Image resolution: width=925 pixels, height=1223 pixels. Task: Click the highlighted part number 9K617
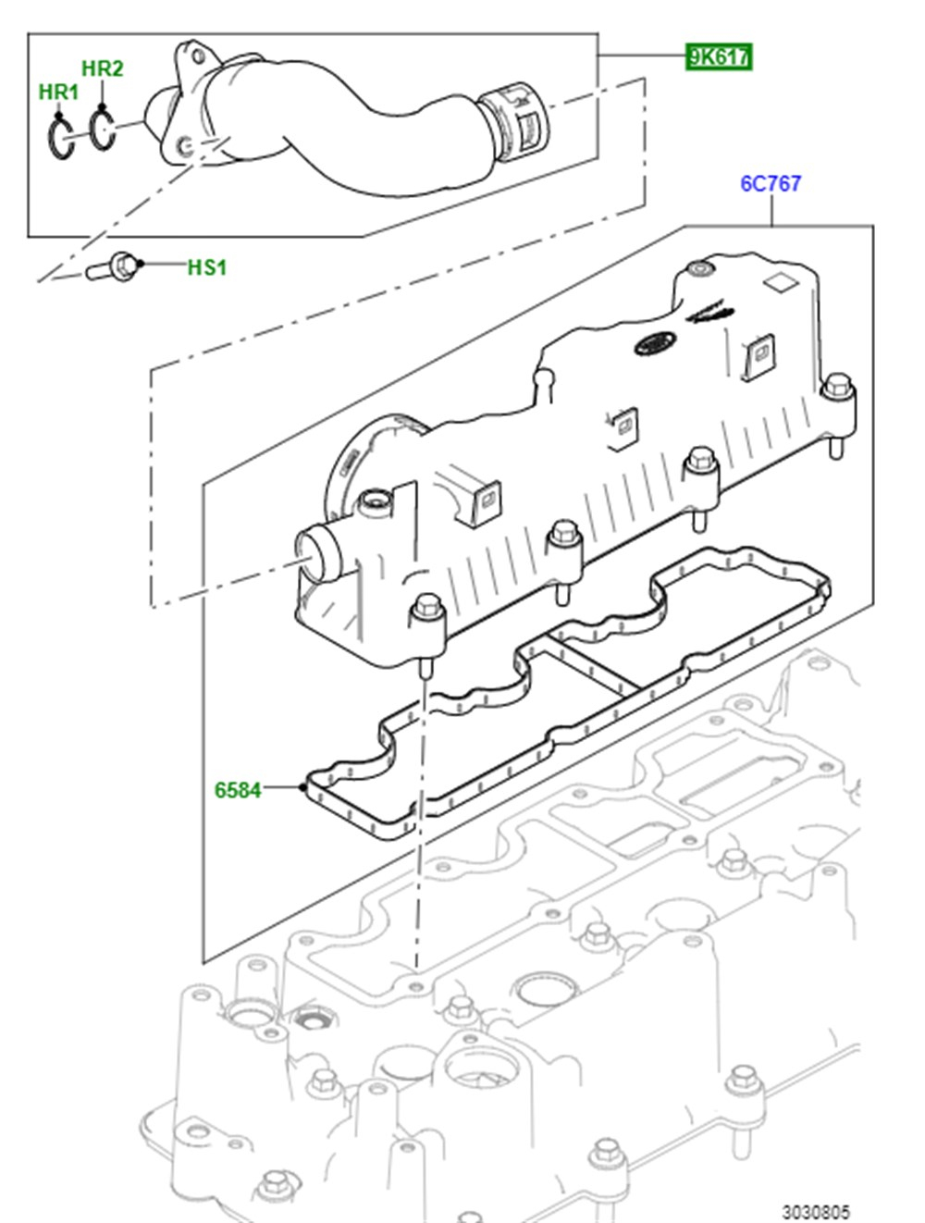pyautogui.click(x=718, y=57)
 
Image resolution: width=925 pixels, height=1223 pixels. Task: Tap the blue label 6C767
pyautogui.click(x=770, y=183)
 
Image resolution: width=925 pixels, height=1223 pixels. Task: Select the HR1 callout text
pyautogui.click(x=58, y=92)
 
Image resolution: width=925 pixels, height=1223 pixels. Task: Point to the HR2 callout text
pyautogui.click(x=102, y=68)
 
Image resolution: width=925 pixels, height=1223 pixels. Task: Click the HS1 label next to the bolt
pyautogui.click(x=206, y=267)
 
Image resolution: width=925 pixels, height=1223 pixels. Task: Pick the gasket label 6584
pyautogui.click(x=238, y=789)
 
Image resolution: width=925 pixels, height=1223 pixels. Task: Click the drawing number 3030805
pyautogui.click(x=815, y=1211)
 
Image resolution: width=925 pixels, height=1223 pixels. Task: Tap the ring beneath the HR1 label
pyautogui.click(x=61, y=139)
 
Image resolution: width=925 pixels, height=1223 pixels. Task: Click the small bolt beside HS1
pyautogui.click(x=113, y=267)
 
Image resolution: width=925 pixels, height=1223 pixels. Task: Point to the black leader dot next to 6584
pyautogui.click(x=302, y=788)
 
